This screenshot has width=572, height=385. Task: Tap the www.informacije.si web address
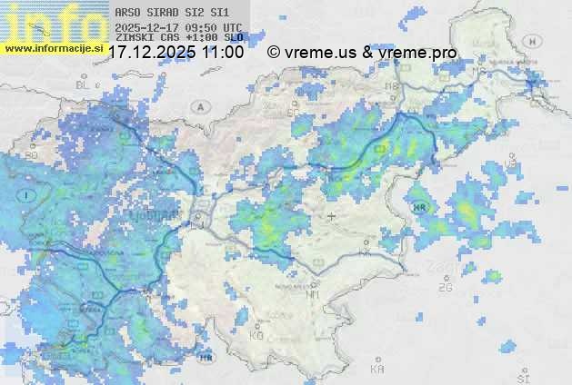pos(54,48)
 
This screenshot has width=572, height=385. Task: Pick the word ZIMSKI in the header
pos(134,39)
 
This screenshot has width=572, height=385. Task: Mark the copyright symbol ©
pos(273,53)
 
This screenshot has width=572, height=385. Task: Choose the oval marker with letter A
pos(198,106)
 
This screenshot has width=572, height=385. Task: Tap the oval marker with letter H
pos(534,41)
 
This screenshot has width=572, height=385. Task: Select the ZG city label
pos(445,287)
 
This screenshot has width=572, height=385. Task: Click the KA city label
pos(377,369)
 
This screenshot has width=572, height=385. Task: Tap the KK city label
pos(365,253)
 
